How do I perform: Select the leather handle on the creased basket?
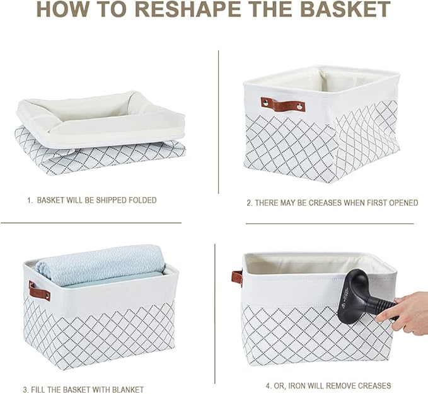pyautogui.click(x=283, y=104)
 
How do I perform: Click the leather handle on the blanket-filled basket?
pyautogui.click(x=39, y=291)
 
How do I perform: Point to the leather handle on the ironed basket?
pyautogui.click(x=237, y=278)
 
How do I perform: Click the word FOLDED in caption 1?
pyautogui.click(x=140, y=200)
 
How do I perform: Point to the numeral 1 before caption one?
pyautogui.click(x=28, y=200)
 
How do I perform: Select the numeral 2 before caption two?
pyautogui.click(x=248, y=203)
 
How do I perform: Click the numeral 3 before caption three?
pyautogui.click(x=25, y=390)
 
